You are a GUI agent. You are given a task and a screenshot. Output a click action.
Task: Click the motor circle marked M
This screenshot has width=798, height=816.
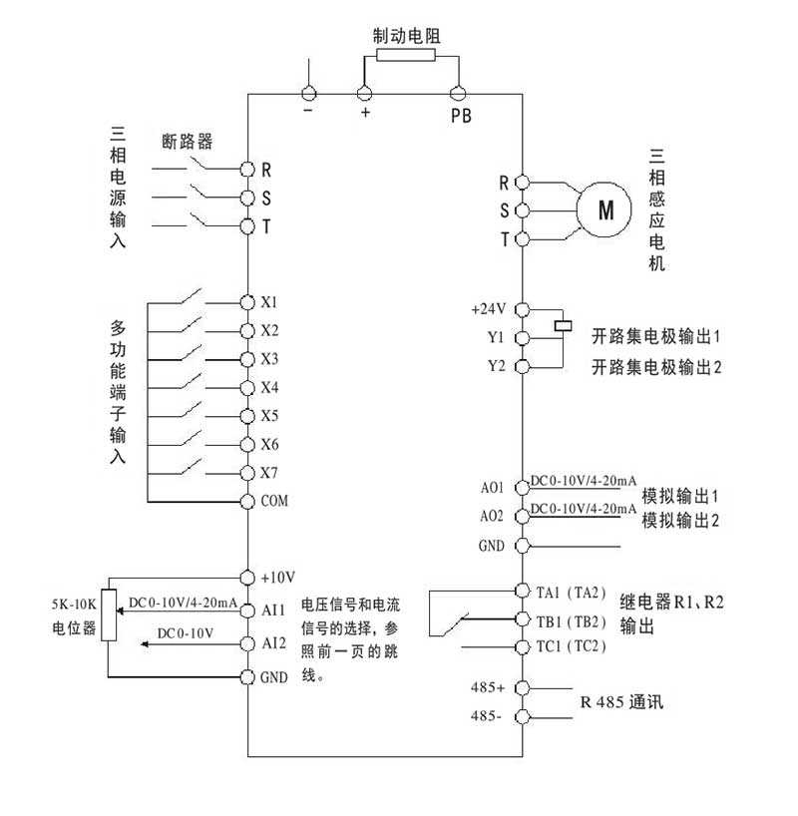pos(605,210)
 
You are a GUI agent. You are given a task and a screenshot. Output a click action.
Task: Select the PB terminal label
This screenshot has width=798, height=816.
pos(460,115)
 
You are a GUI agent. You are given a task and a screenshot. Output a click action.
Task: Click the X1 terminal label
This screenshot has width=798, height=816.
pos(269,301)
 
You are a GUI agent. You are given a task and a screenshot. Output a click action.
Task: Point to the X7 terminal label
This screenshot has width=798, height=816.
pos(269,473)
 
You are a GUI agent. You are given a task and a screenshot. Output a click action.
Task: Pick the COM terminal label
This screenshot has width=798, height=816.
pos(274,501)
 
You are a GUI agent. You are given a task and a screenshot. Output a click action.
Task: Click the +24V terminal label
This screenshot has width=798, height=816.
pos(490,309)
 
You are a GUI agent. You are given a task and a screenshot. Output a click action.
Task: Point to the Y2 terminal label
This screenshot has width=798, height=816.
pos(497,366)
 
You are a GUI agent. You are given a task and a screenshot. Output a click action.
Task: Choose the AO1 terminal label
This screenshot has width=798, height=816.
pos(492,488)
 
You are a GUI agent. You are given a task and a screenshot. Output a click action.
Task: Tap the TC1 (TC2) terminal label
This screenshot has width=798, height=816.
pos(572,646)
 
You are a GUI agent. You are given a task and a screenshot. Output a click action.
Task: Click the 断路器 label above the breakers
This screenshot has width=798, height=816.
pos(187,141)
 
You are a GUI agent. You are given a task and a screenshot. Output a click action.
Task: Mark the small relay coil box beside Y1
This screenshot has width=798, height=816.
pos(563,323)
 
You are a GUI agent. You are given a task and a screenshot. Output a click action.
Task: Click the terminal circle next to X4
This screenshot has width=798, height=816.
pos(247,387)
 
